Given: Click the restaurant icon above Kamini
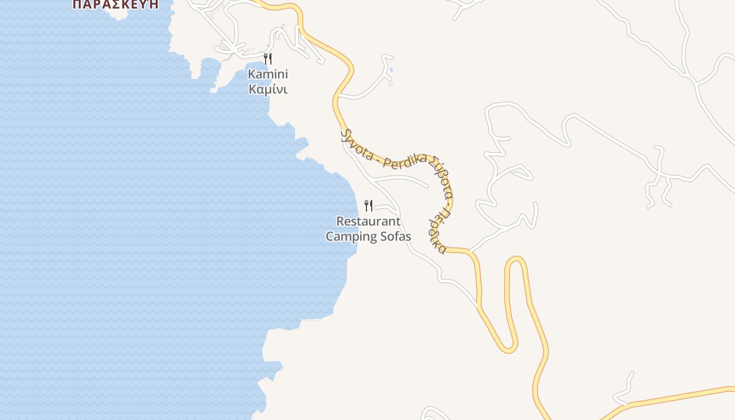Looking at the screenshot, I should click(x=268, y=58).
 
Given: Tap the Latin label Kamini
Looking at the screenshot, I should click(x=268, y=74).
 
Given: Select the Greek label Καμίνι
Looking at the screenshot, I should click(x=268, y=89).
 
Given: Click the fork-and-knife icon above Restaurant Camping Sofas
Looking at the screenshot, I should click(x=369, y=205).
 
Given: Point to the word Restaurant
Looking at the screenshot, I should click(x=368, y=221).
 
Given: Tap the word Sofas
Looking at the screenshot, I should click(x=396, y=236).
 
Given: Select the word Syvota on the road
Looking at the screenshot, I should click(x=356, y=145).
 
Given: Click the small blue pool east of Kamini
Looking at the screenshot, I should click(x=392, y=70).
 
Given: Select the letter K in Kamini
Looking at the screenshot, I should click(x=252, y=74).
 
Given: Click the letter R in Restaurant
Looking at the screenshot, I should click(x=340, y=221).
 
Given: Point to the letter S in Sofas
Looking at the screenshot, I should click(x=385, y=236).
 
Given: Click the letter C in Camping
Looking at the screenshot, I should click(x=330, y=236).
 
